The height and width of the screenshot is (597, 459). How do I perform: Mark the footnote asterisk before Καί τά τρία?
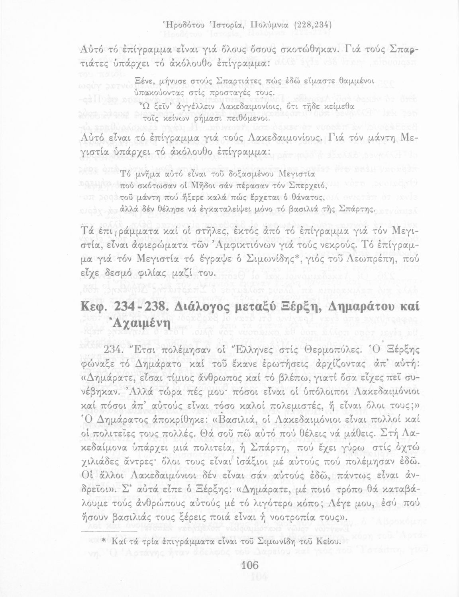click(x=103, y=542)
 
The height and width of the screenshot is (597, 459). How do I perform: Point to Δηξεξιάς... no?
click(x=229, y=298)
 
